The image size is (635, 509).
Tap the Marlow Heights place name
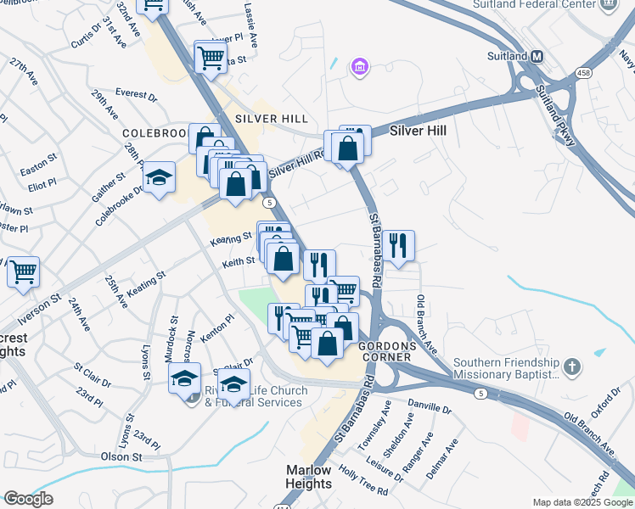[x=308, y=477]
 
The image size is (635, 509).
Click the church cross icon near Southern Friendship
[x=573, y=366]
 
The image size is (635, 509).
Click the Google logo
[x=28, y=499]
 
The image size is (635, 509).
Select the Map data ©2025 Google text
[x=582, y=502]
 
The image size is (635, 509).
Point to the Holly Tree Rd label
[x=363, y=479]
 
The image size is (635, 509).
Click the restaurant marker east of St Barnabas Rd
[x=398, y=245]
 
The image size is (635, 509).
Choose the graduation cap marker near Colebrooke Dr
[x=159, y=177]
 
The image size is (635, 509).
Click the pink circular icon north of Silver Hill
[x=359, y=66]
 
